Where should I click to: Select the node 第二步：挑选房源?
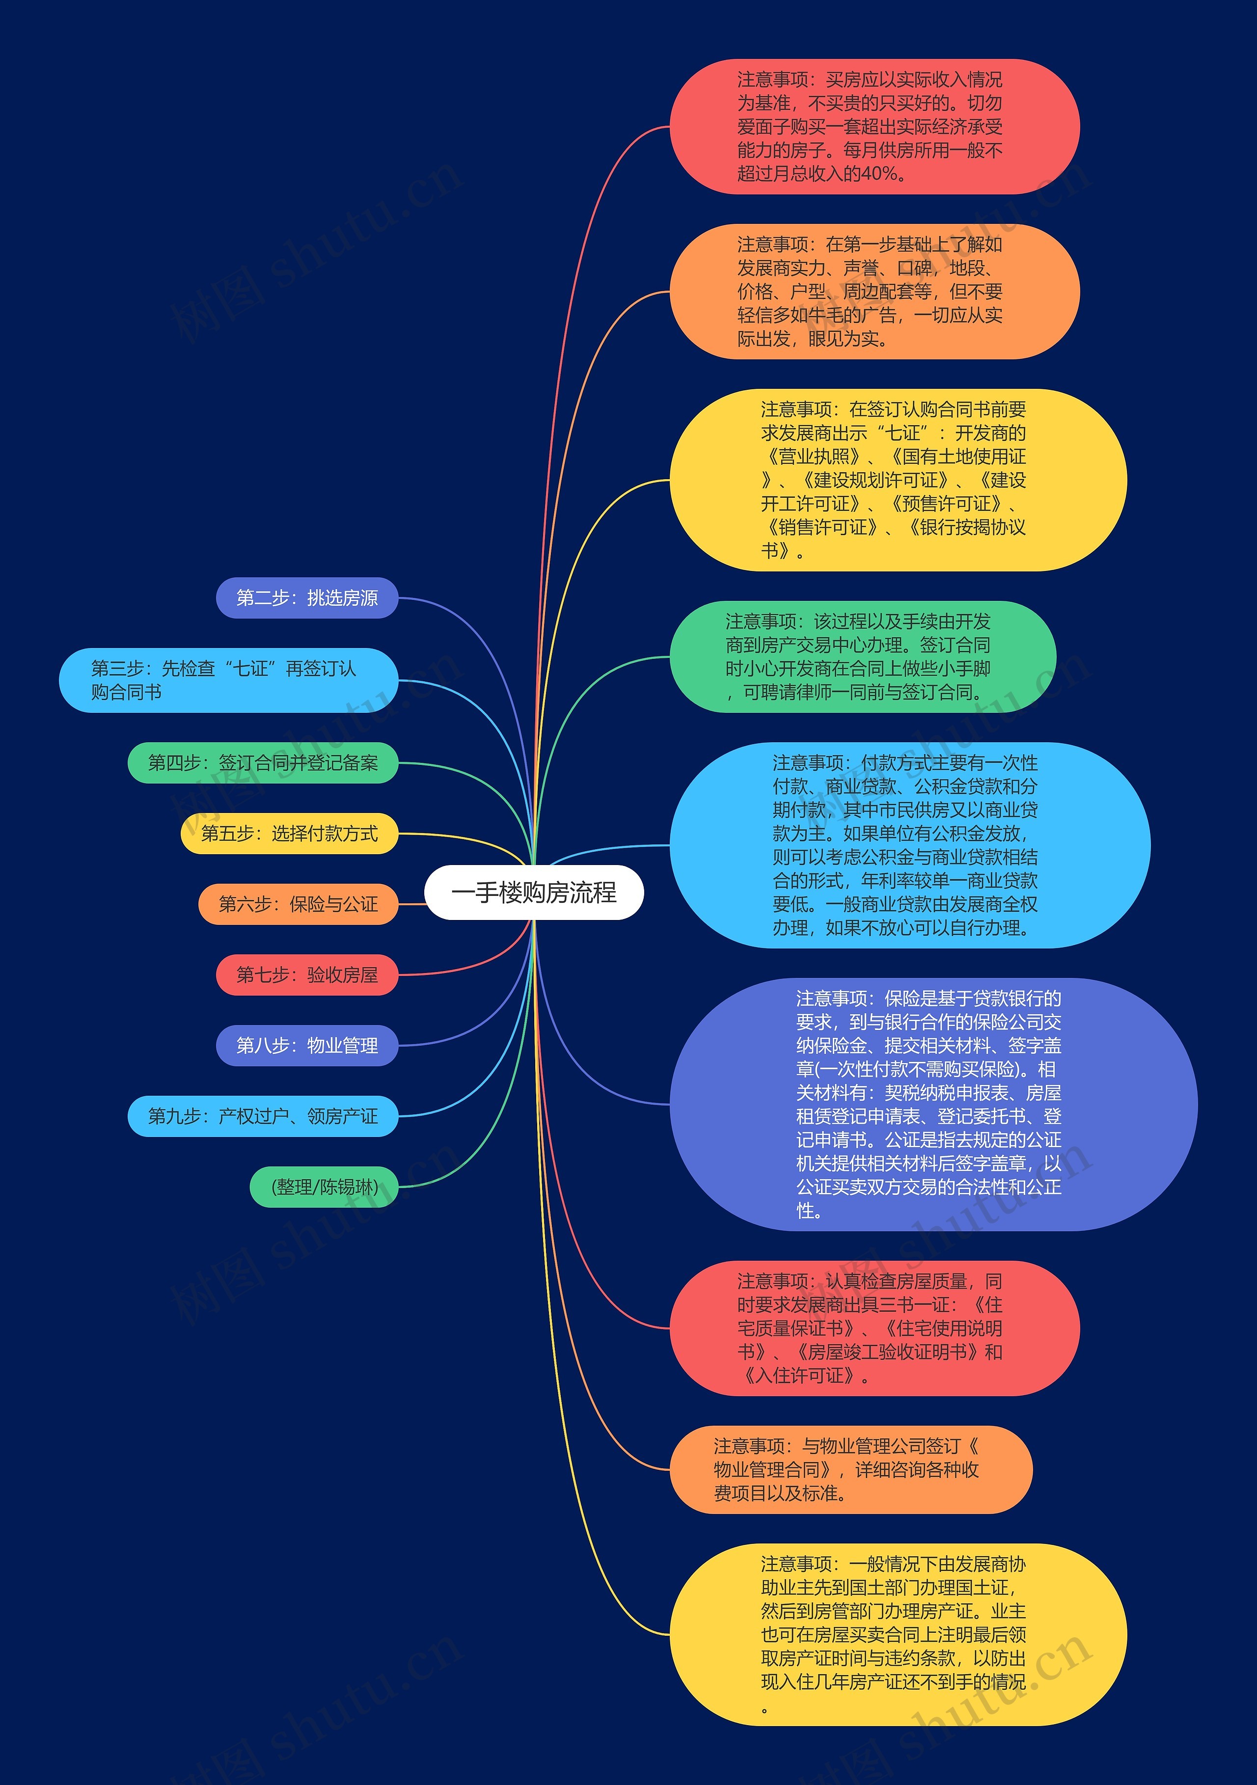(307, 598)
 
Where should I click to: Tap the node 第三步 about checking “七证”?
(228, 680)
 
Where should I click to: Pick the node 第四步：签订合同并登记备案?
(263, 763)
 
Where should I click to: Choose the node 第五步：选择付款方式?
(289, 834)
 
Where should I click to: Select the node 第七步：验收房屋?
(307, 975)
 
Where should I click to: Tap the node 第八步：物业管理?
(307, 1046)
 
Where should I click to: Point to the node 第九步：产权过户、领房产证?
(263, 1116)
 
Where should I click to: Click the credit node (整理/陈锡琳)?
(324, 1187)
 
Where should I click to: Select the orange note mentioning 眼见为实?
(874, 292)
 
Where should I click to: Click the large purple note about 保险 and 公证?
(933, 1104)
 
